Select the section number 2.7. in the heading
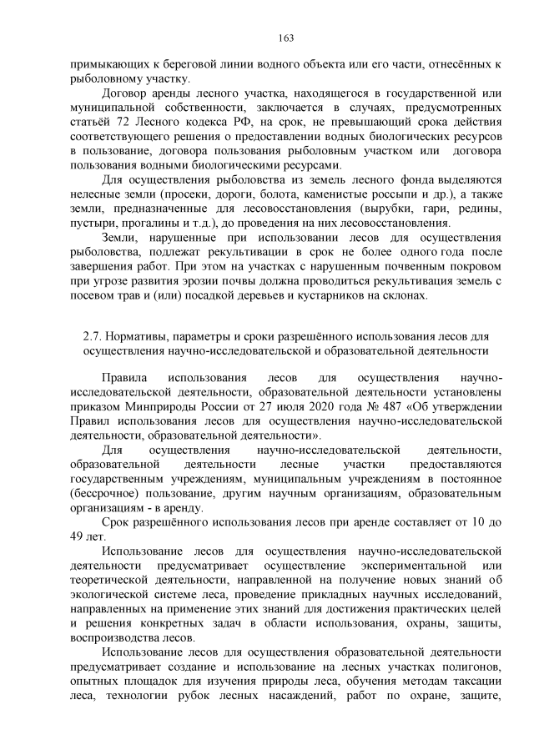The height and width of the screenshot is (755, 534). (x=92, y=336)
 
